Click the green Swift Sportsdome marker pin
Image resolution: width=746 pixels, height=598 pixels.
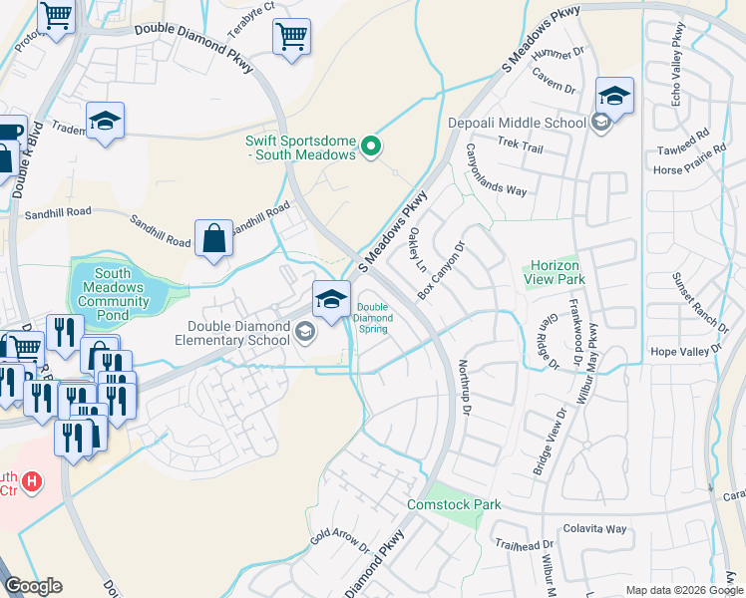tap(371, 148)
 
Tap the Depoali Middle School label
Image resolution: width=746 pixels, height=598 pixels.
tap(516, 123)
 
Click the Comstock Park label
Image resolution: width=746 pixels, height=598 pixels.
tap(454, 504)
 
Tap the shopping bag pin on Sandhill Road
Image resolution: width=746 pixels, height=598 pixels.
tap(213, 239)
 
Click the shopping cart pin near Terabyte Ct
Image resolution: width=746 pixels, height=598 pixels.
tap(291, 38)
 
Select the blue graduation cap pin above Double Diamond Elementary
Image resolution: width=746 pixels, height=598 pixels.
tap(331, 297)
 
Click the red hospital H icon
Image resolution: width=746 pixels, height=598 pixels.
tap(33, 482)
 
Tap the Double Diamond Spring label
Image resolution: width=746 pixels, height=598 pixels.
tap(372, 317)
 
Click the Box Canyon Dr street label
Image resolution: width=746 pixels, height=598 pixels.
tap(441, 272)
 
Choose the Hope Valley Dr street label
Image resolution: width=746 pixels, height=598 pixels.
tap(684, 352)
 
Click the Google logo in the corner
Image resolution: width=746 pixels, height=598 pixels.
tap(33, 586)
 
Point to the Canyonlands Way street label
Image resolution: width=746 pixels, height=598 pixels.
tap(495, 169)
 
